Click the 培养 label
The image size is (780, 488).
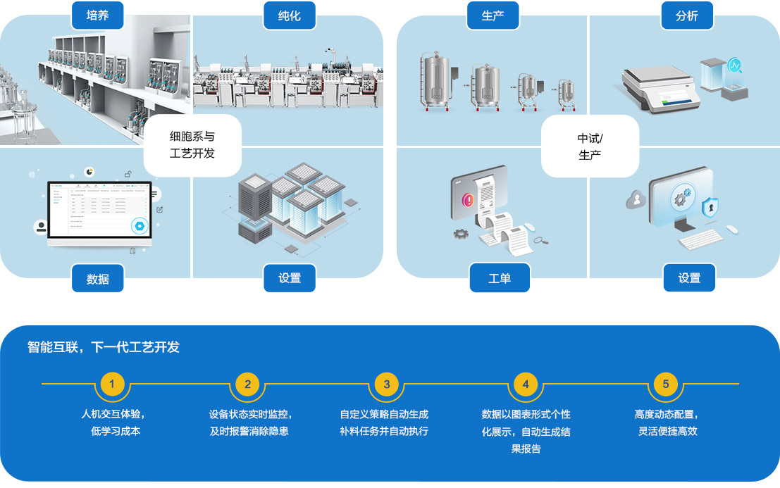[97, 15]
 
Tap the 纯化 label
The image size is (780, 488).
[289, 15]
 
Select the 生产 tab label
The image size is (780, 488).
[493, 15]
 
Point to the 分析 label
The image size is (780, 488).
[686, 15]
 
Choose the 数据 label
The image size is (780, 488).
[97, 278]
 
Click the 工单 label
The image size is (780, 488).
[499, 278]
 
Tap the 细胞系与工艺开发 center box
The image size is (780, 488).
[192, 145]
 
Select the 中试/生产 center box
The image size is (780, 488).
[590, 145]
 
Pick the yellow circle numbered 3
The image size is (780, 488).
[386, 384]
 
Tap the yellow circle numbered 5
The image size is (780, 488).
[665, 384]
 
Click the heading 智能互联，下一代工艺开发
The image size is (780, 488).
[104, 347]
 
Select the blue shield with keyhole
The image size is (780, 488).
[710, 208]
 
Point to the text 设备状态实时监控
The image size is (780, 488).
[250, 414]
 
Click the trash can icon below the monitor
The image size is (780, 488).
[132, 250]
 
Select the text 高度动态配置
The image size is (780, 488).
[666, 414]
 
